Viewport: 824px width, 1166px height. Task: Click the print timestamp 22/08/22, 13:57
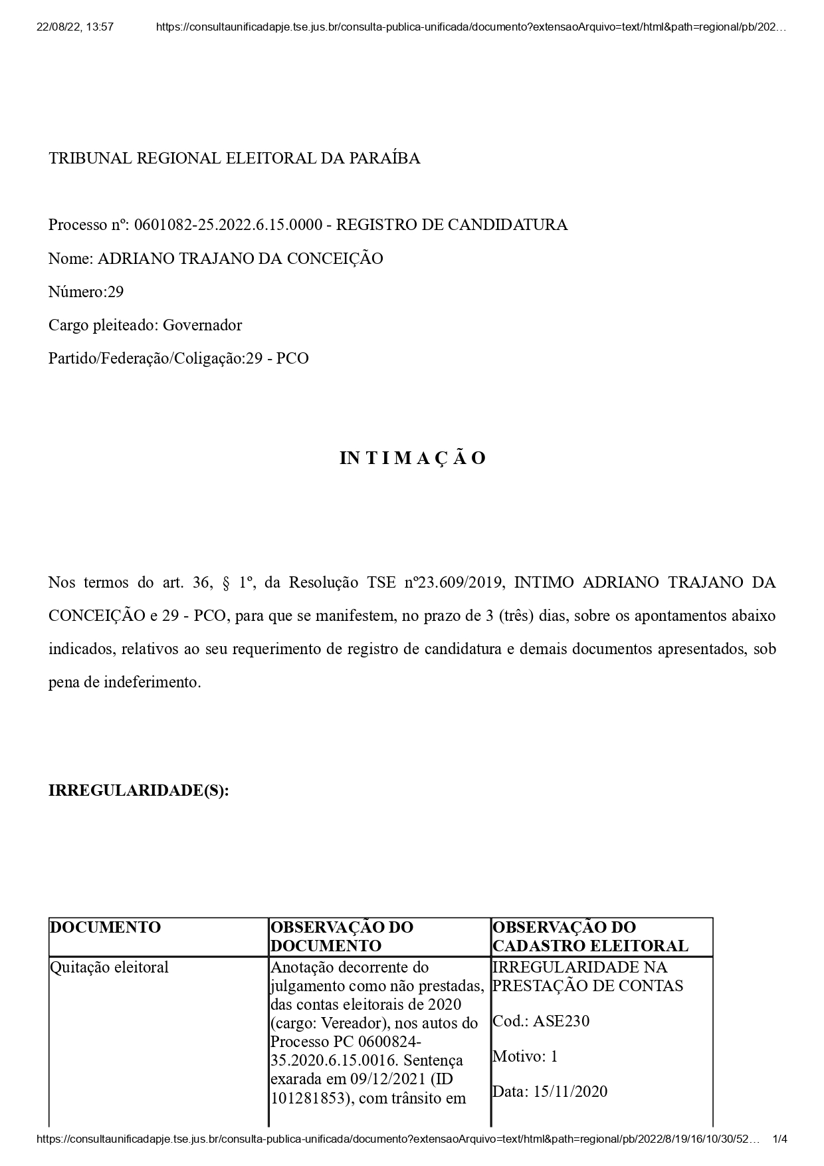tap(75, 27)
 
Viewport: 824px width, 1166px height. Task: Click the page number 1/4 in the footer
tap(779, 1139)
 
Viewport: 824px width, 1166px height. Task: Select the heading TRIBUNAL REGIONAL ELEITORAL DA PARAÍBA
tap(234, 158)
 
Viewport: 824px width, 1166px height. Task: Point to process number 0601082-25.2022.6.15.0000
tap(228, 225)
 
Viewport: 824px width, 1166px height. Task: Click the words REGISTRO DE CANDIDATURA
tap(451, 225)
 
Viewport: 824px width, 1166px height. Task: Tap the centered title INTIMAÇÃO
tap(413, 458)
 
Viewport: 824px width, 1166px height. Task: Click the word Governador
tap(202, 325)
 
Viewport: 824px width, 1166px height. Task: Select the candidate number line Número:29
tap(86, 292)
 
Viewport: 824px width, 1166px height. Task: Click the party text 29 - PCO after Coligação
tap(277, 358)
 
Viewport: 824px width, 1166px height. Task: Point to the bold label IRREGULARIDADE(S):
tap(138, 790)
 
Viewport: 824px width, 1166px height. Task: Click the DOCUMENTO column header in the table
tap(106, 927)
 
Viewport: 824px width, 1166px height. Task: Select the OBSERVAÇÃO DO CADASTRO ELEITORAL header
tap(590, 937)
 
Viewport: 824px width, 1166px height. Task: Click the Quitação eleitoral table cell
tap(110, 967)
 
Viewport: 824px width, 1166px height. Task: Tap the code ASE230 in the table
tap(561, 1021)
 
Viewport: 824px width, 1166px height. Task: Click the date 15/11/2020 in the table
tap(570, 1092)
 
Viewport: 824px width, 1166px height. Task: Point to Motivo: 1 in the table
tap(525, 1056)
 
